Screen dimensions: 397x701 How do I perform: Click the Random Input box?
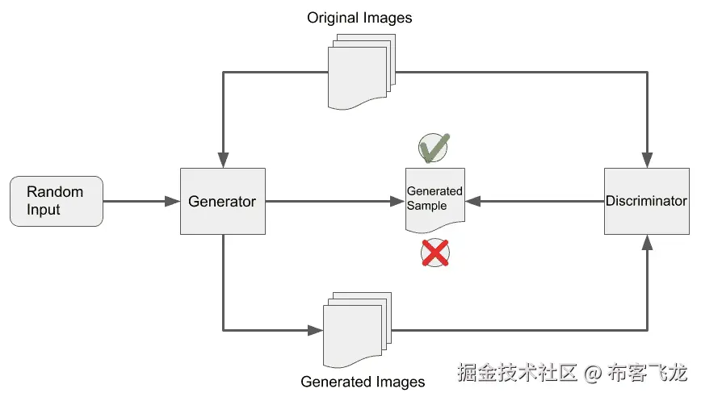pyautogui.click(x=56, y=201)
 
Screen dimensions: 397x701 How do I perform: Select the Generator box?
pyautogui.click(x=222, y=202)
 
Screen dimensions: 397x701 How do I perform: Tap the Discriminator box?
pyautogui.click(x=646, y=201)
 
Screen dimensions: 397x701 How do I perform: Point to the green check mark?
pyautogui.click(x=434, y=147)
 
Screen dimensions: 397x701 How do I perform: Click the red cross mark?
pyautogui.click(x=435, y=253)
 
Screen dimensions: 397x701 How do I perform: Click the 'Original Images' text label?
pyautogui.click(x=359, y=18)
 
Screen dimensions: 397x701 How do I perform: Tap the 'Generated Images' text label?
pyautogui.click(x=363, y=382)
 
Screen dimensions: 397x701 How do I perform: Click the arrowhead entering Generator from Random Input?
pyautogui.click(x=173, y=202)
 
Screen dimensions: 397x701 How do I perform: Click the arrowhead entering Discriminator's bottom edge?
pyautogui.click(x=646, y=242)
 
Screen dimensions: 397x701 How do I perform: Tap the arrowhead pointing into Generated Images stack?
pyautogui.click(x=316, y=330)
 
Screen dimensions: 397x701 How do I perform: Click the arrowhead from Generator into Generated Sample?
pyautogui.click(x=397, y=202)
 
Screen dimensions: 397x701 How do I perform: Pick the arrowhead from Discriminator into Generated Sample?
pyautogui.click(x=474, y=202)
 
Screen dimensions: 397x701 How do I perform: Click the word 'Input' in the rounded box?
pyautogui.click(x=44, y=210)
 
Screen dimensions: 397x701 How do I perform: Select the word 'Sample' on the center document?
pyautogui.click(x=426, y=206)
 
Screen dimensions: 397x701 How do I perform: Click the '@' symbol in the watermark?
pyautogui.click(x=594, y=373)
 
